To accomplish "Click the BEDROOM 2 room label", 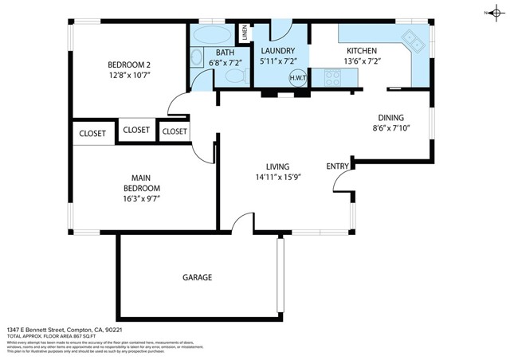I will (x=129, y=65).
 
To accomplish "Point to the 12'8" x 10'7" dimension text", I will (x=129, y=75).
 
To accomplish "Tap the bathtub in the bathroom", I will (x=210, y=37).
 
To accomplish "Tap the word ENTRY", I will (x=338, y=166).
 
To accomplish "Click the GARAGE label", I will (x=197, y=277).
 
